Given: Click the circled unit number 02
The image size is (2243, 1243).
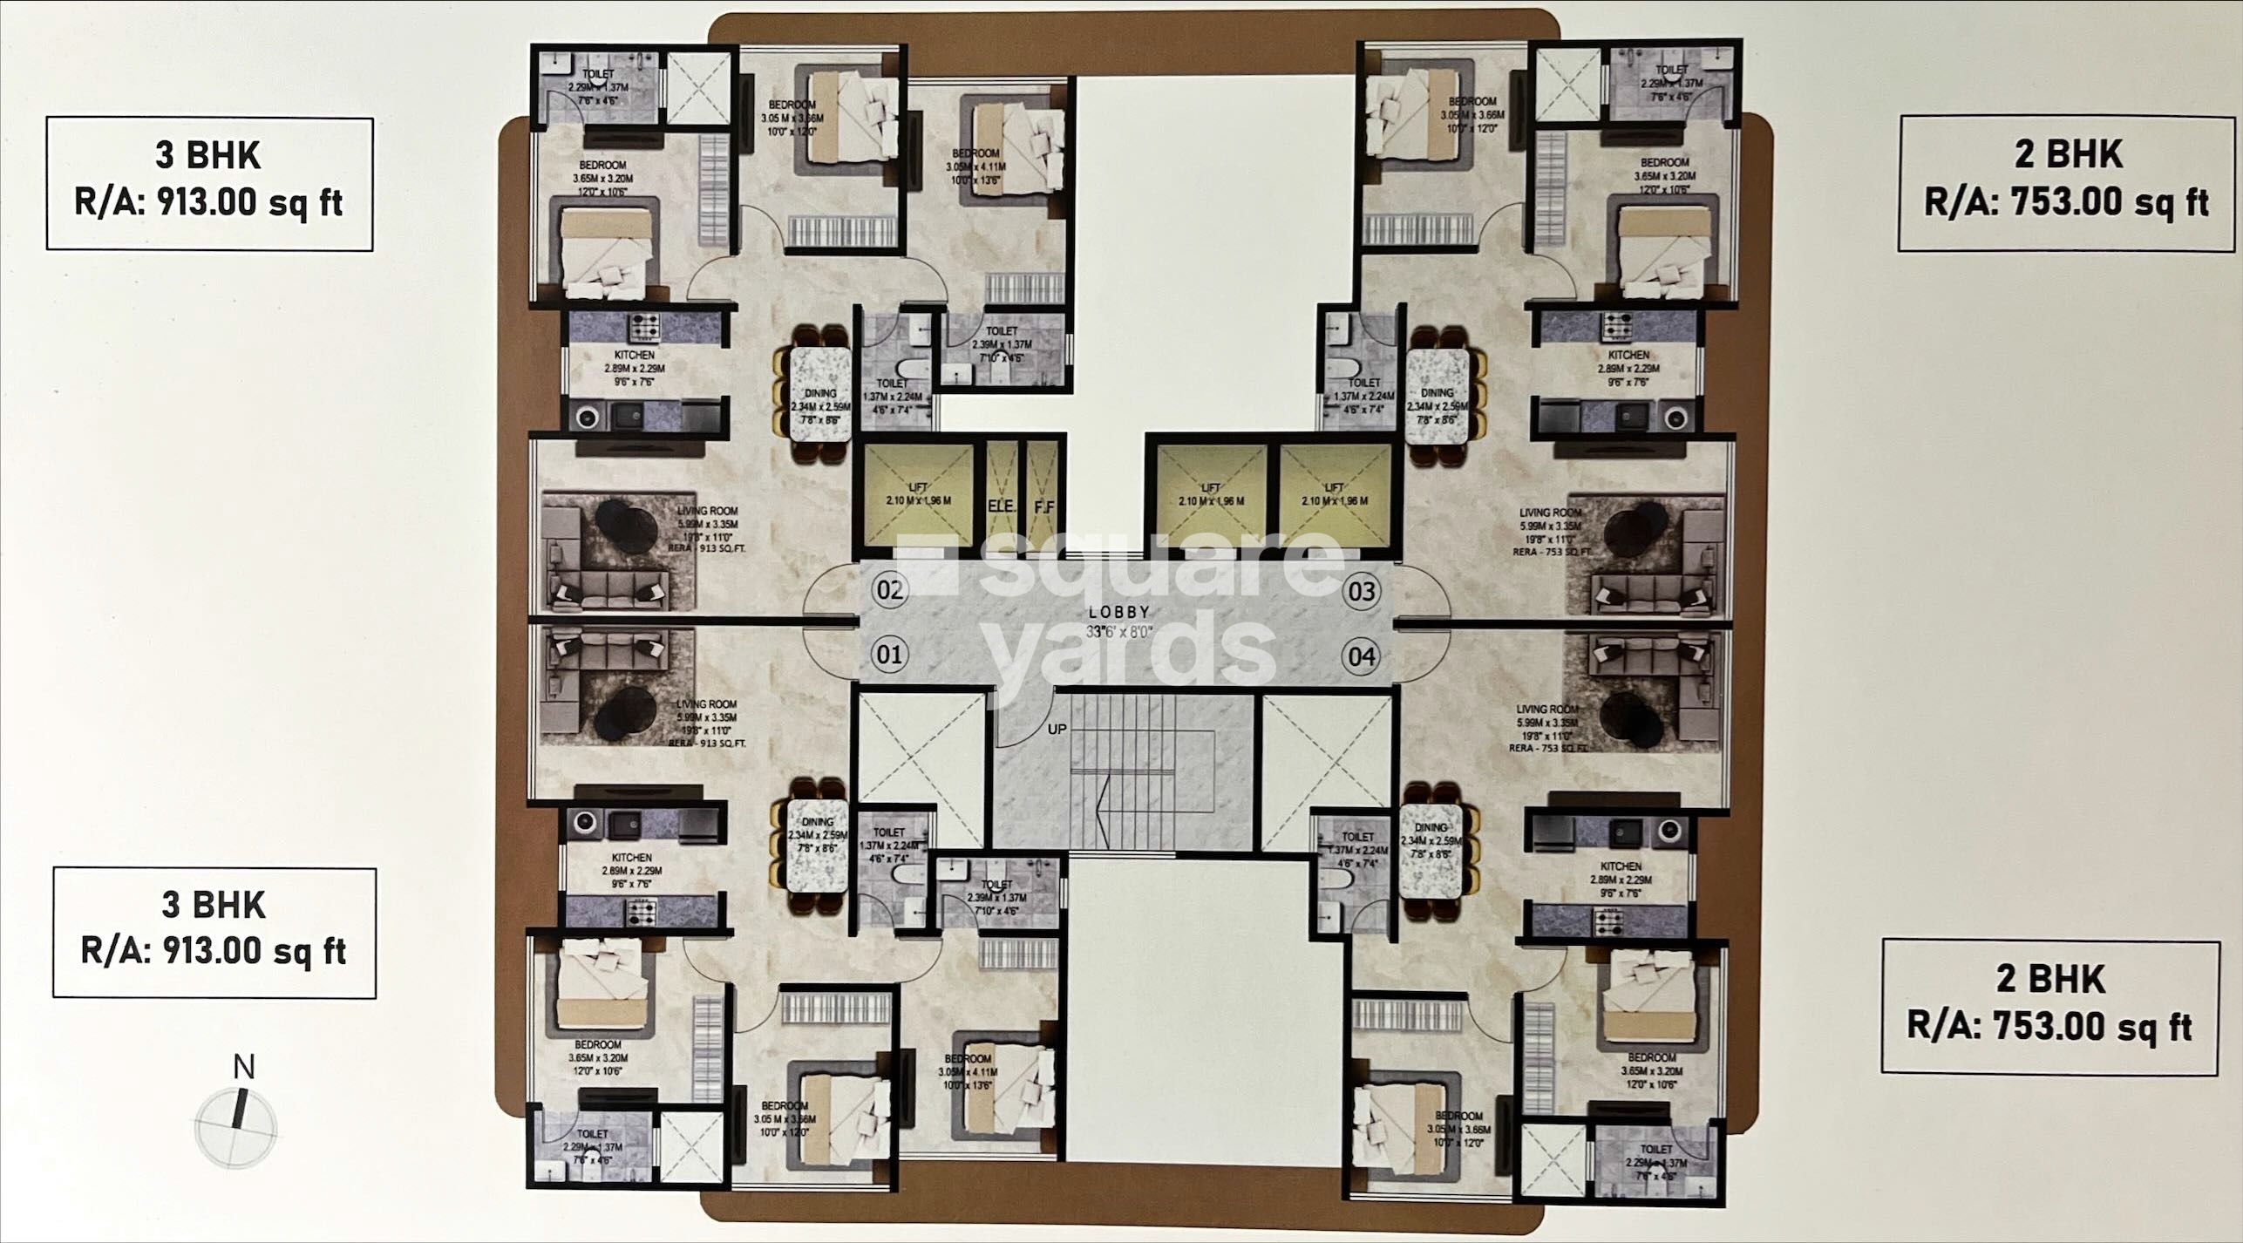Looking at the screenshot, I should click(889, 591).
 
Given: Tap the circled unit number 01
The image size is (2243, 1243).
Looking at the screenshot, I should click(889, 654).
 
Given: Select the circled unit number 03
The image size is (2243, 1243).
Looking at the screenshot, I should click(1362, 592).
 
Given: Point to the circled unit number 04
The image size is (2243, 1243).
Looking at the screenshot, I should click(1362, 655).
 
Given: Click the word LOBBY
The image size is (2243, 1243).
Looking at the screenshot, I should click(1119, 612).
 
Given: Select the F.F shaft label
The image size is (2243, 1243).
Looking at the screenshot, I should click(1043, 506).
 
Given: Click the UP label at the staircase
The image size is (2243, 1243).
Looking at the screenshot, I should click(1057, 729).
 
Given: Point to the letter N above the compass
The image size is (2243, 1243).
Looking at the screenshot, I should click(245, 1066).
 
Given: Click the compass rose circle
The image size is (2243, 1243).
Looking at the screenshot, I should click(236, 1128).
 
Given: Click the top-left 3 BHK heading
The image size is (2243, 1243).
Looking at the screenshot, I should click(207, 156).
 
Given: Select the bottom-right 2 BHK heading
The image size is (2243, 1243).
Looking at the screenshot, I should click(2049, 980).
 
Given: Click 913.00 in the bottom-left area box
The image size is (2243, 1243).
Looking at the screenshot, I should click(214, 950).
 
